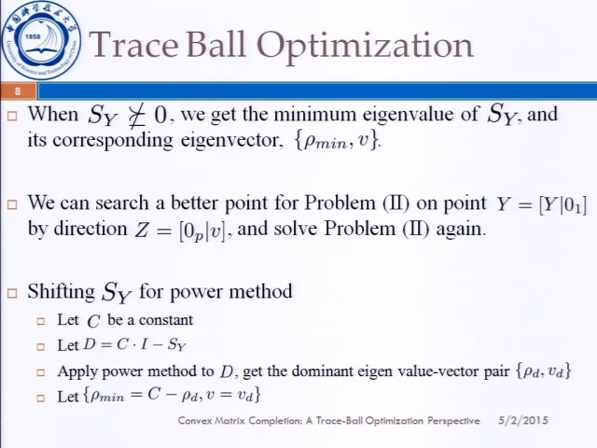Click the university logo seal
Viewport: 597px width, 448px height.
(41, 40)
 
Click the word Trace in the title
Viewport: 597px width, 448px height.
(133, 44)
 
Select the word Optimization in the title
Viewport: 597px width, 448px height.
(365, 46)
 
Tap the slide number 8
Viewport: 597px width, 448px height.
(17, 91)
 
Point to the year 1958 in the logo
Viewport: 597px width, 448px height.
(33, 37)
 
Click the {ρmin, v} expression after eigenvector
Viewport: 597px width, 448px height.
(337, 141)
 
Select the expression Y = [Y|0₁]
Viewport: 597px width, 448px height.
(541, 204)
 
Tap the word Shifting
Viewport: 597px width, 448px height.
(62, 292)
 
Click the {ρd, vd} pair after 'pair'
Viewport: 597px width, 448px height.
(543, 371)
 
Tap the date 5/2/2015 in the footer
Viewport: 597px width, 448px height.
(523, 421)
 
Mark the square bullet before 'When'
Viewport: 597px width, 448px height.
(12, 116)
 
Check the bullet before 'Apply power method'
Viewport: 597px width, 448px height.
(41, 372)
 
